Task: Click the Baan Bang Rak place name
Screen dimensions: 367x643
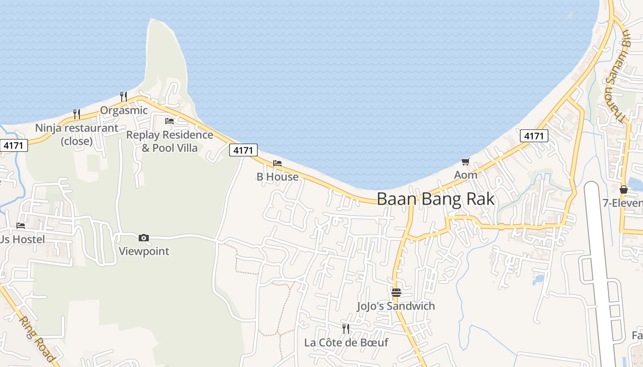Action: pos(436,199)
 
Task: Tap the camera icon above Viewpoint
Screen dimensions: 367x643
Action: pos(144,238)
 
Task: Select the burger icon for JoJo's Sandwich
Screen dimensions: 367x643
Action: pos(396,292)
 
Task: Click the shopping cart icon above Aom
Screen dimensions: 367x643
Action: pos(466,161)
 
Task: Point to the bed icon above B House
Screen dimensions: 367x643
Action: pos(277,163)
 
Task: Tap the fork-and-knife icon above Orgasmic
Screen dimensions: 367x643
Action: pos(124,96)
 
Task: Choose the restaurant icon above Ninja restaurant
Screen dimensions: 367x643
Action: pos(77,114)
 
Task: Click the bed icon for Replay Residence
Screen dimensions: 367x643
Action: pos(169,121)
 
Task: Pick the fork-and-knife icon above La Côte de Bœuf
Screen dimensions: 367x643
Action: pos(346,328)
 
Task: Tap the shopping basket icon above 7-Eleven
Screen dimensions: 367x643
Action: pos(623,189)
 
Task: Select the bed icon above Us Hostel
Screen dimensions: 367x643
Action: pos(21,226)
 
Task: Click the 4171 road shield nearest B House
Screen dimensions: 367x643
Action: pos(243,150)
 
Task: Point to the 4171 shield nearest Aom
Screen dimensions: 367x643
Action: pos(534,136)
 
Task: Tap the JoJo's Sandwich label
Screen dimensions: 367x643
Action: pos(396,306)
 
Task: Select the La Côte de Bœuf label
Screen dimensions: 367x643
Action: pos(346,343)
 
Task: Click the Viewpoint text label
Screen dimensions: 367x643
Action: pos(144,251)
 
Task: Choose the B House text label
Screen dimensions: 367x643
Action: pos(277,177)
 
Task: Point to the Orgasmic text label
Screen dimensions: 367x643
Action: pos(124,111)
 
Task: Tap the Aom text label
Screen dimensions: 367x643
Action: pos(466,175)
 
